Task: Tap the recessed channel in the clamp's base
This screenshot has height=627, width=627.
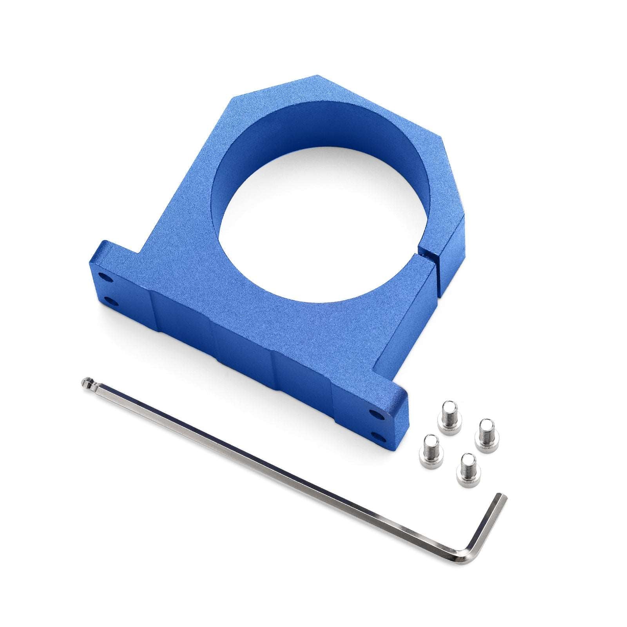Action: (x=243, y=345)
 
